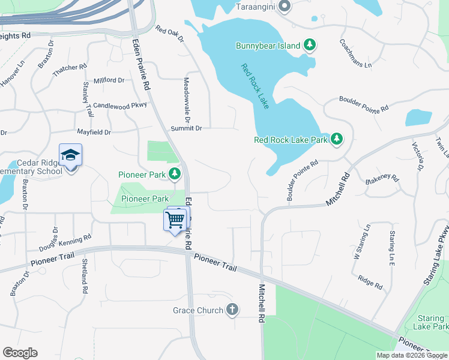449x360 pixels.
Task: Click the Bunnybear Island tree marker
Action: point(310,44)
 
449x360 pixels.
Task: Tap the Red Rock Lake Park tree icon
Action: point(337,140)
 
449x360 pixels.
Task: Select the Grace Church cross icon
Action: point(232,310)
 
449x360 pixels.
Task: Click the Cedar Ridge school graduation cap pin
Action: point(70,155)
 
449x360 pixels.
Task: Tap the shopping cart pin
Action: point(175,220)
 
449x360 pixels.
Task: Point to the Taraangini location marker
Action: point(285,7)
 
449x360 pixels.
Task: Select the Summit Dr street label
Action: point(187,128)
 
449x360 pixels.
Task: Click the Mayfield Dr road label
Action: point(94,131)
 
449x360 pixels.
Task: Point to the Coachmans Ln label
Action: point(355,53)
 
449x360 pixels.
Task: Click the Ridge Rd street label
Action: point(370,281)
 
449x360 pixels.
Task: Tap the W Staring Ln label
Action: point(361,241)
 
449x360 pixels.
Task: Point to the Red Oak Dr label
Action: point(169,34)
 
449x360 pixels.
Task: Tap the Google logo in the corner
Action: point(20,353)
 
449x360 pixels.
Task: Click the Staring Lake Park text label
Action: point(430,322)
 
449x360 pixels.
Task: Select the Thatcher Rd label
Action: point(71,70)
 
